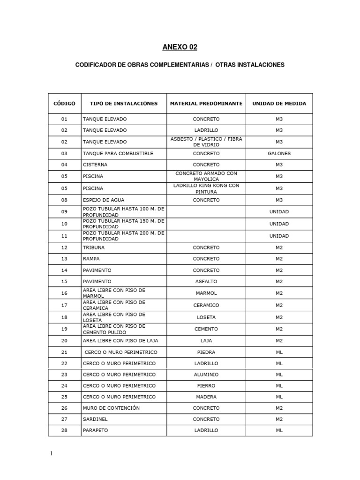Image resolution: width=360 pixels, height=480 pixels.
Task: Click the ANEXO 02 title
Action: [x=180, y=47]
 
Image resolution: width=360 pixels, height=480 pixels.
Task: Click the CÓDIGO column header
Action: [x=64, y=104]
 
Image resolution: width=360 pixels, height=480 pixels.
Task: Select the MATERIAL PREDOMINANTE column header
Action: [x=206, y=104]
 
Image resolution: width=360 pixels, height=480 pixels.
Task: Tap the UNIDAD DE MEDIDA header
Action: [x=279, y=104]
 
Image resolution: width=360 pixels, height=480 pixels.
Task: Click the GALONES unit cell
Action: [x=279, y=153]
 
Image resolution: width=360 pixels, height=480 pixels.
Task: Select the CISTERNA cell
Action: [x=95, y=165]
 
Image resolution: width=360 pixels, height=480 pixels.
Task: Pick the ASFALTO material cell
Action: [x=206, y=282]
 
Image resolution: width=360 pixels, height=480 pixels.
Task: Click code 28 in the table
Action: [x=64, y=430]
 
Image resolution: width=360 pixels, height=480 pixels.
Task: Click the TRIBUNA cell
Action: [x=94, y=247]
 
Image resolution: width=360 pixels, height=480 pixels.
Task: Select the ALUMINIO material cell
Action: [x=206, y=375]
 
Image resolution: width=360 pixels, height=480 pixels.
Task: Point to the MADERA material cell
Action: [x=206, y=397]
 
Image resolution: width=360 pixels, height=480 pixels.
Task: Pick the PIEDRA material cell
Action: [x=206, y=352]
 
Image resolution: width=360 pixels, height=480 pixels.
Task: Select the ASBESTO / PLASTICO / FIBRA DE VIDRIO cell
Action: [x=206, y=142]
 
